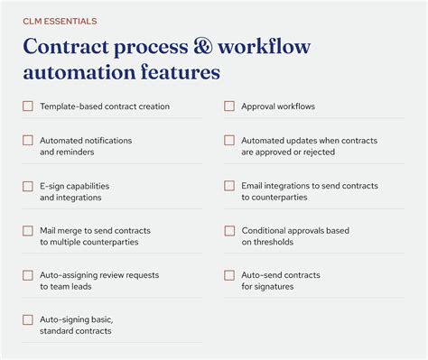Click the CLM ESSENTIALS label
pos(60,21)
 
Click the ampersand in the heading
pos(233,47)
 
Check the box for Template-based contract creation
pos(28,106)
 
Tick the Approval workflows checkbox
pos(229,106)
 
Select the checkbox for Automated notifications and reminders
pos(28,141)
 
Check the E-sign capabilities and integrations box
pos(28,186)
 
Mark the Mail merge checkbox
pos(28,231)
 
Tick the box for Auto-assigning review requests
pos(28,275)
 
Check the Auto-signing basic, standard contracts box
pos(28,319)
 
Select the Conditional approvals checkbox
pos(229,231)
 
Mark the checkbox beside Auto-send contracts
pos(229,275)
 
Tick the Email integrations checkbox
pos(229,186)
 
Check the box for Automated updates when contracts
pos(229,141)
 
